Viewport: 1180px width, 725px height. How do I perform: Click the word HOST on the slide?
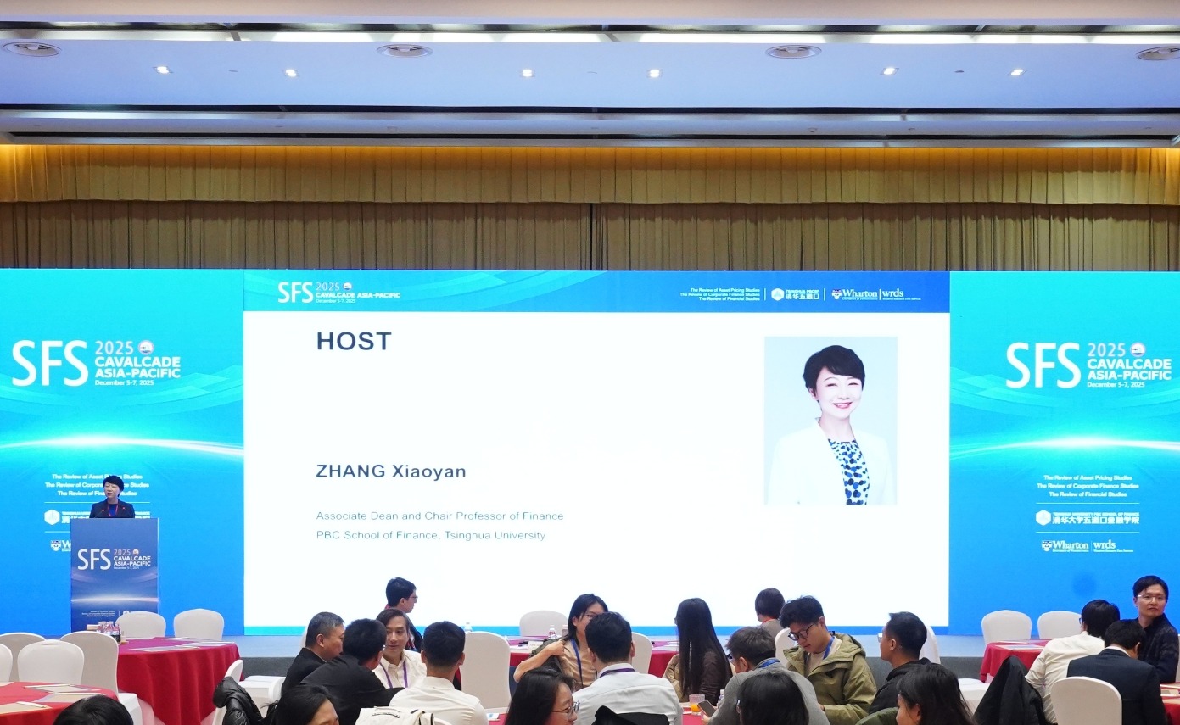pos(354,341)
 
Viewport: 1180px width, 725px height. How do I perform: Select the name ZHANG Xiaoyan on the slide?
pos(390,471)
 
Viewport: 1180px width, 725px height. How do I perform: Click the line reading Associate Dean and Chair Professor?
pos(439,516)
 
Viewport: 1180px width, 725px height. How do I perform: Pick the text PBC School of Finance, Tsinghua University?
pos(430,535)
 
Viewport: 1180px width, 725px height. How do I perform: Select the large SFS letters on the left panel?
pos(50,363)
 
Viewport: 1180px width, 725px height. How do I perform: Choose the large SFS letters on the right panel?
pos(1043,365)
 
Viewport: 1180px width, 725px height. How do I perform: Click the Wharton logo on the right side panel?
pos(1065,545)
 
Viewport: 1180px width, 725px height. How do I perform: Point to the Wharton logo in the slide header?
pos(855,294)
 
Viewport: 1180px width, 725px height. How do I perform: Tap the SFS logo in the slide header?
pos(295,292)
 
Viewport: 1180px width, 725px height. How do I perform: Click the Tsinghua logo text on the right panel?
pos(1095,518)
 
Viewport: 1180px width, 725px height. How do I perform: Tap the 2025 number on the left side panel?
pos(115,348)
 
